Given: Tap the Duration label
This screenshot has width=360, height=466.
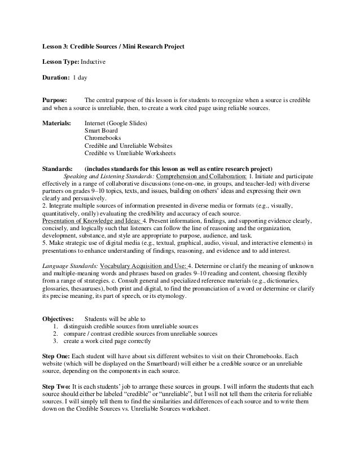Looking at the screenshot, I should [56, 74].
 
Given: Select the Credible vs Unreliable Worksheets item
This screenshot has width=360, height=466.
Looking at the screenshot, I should [130, 153].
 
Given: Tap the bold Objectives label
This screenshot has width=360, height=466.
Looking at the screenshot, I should [59, 318].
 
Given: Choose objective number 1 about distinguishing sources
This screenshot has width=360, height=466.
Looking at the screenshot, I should [130, 326].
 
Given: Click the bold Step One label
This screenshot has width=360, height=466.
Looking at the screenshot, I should [56, 357].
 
